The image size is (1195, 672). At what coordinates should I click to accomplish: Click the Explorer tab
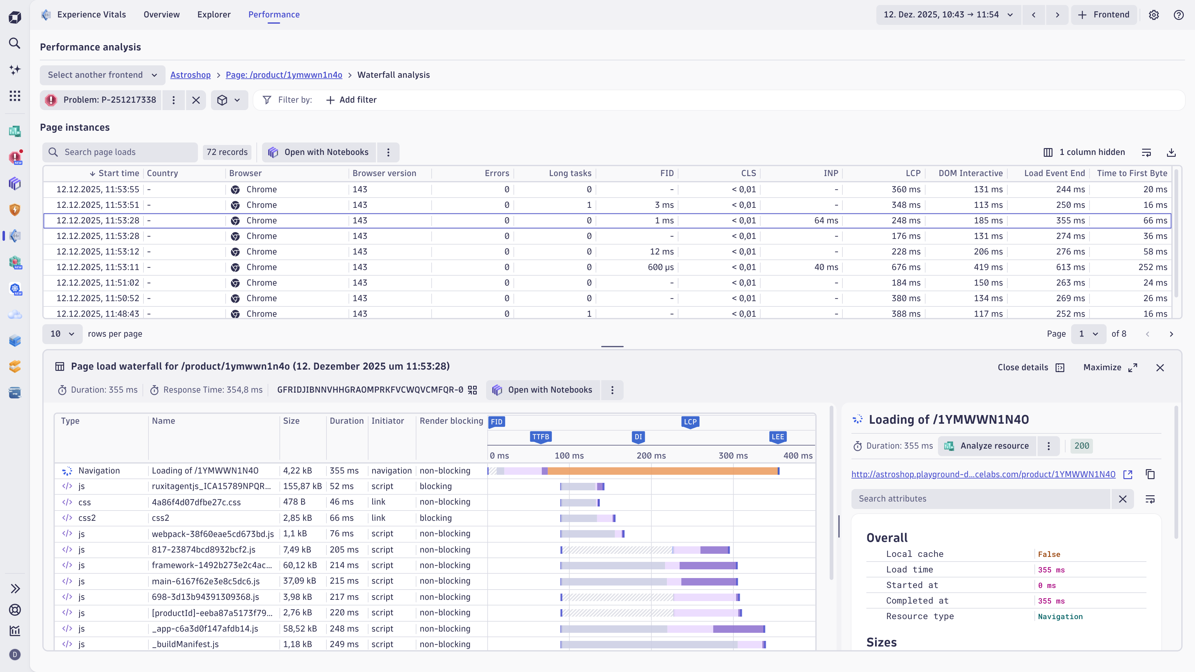(x=214, y=14)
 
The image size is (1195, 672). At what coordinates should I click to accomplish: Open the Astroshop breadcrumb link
(x=190, y=75)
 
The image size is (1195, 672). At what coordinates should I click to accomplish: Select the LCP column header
(x=912, y=173)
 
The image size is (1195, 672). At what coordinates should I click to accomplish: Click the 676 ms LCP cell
(x=906, y=267)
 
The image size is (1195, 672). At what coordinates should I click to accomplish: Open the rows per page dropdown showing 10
(x=62, y=334)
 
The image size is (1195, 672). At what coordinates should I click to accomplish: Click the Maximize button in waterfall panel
(x=1110, y=367)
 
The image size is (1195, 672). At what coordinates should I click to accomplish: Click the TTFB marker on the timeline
(x=541, y=436)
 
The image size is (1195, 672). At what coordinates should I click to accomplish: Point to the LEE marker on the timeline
(x=777, y=436)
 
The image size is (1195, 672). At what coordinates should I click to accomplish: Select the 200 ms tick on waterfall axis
(x=651, y=455)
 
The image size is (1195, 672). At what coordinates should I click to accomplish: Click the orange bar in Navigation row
(x=663, y=471)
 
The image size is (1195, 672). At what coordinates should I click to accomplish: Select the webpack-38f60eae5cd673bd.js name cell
(x=213, y=534)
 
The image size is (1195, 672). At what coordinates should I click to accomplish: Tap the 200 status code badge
(x=1081, y=446)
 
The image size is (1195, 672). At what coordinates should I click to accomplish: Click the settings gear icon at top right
(x=1154, y=15)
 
